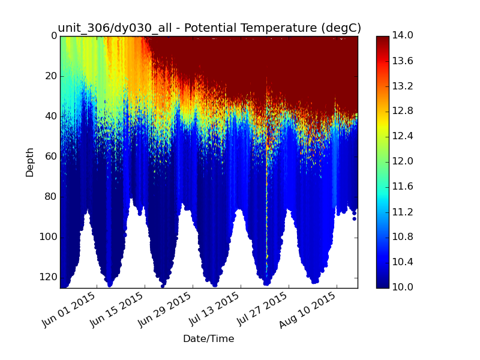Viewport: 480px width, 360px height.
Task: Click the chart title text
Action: [x=209, y=28]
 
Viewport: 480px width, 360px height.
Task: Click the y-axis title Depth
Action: [x=29, y=162]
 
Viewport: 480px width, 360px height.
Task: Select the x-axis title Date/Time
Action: [x=208, y=338]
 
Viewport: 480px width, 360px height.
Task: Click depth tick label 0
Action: [x=54, y=36]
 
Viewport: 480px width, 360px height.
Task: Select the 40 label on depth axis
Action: [x=51, y=116]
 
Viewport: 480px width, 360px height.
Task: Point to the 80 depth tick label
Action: [x=51, y=197]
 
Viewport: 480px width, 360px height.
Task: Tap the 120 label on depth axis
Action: [x=49, y=277]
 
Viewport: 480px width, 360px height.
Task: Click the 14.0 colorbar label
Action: [x=403, y=35]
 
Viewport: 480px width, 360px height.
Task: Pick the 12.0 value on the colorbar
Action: [x=403, y=161]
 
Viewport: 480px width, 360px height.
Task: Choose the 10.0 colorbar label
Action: [x=403, y=287]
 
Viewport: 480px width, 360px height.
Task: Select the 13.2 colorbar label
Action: [x=403, y=86]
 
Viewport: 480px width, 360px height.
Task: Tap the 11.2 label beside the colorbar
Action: [x=403, y=212]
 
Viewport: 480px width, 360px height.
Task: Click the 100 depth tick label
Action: [x=49, y=237]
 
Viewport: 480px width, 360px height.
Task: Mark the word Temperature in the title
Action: [x=278, y=28]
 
